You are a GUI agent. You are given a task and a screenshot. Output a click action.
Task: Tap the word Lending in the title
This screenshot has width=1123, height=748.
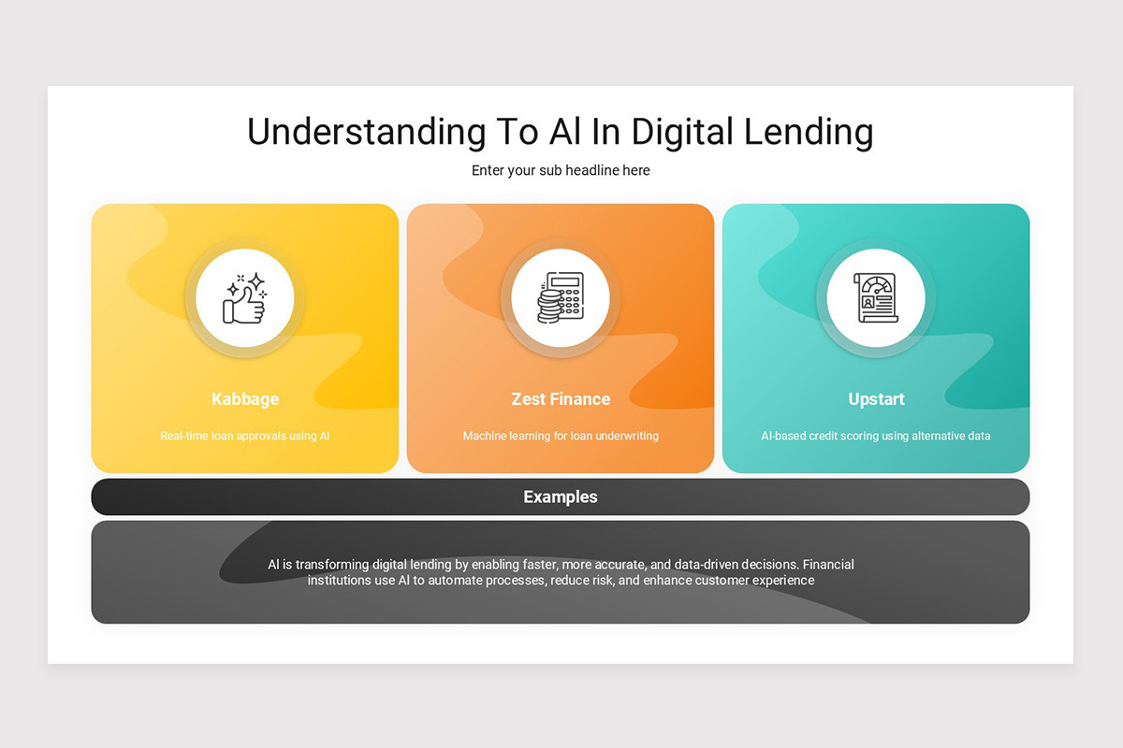coord(809,132)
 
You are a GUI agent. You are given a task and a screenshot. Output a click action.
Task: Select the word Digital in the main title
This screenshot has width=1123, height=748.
coord(681,132)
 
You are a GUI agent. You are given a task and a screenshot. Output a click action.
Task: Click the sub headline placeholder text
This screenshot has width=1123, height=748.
coord(561,170)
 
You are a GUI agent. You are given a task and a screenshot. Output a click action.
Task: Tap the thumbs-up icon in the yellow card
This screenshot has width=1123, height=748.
coord(244,299)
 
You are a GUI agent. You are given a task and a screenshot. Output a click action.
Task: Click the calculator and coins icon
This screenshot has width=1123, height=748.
coord(560,299)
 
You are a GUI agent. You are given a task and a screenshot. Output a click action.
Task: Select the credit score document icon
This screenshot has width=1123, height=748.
coord(875,299)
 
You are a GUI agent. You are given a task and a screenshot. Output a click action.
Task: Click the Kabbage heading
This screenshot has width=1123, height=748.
coord(245,399)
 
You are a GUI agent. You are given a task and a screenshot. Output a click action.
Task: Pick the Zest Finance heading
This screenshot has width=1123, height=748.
coord(561,399)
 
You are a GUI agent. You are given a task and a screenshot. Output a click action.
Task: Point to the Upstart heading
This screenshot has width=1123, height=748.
coord(876,399)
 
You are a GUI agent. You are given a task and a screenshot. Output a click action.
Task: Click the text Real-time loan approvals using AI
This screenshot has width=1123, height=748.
coord(245,436)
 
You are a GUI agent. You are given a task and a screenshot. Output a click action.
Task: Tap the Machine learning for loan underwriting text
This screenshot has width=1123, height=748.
coord(561,436)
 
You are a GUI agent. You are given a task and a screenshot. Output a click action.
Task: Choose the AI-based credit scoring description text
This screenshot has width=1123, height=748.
coord(876,436)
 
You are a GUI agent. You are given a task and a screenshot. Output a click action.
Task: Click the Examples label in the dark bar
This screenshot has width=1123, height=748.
coord(561,497)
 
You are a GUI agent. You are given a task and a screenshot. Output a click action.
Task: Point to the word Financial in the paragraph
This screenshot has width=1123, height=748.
coord(828,565)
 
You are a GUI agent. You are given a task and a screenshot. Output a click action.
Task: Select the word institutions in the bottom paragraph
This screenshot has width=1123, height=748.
coord(339,581)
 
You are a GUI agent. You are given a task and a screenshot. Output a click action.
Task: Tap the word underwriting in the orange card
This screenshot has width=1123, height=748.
coord(627,436)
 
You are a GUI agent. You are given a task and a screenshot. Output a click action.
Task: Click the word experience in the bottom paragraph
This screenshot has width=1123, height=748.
coord(781,581)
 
